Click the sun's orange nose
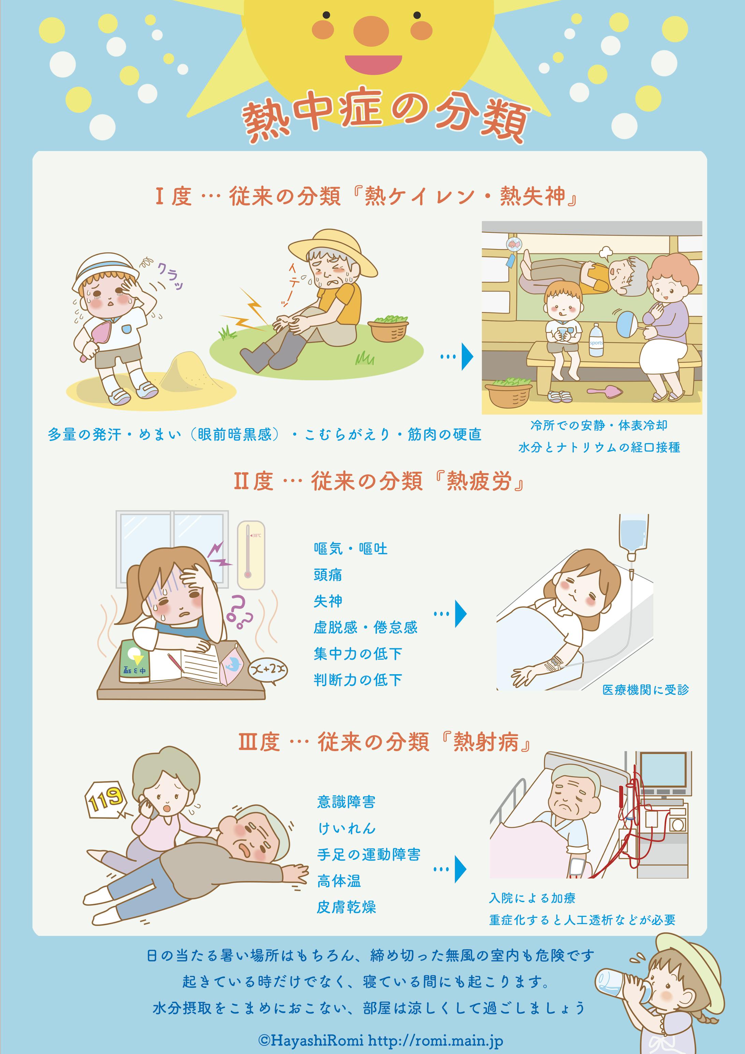click(x=371, y=31)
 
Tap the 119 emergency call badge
click(x=106, y=799)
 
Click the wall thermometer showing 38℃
click(x=251, y=554)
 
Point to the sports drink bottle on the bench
click(x=596, y=340)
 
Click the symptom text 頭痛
click(x=328, y=575)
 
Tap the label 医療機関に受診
click(x=645, y=690)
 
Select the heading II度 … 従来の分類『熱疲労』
click(x=379, y=481)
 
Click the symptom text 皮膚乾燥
click(x=346, y=907)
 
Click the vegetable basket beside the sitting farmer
click(x=388, y=328)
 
